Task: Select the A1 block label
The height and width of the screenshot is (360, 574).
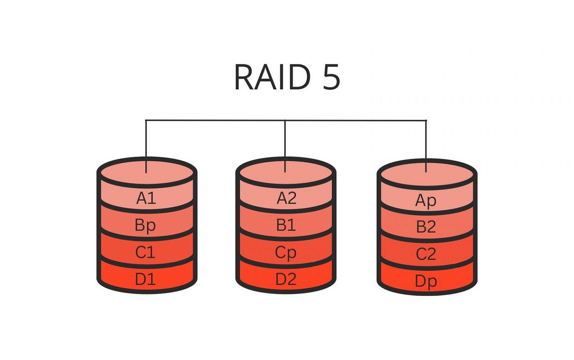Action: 146,198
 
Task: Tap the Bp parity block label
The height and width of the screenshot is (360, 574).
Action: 146,226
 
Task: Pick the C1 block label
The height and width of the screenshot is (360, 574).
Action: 146,252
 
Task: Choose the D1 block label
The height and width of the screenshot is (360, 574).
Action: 146,279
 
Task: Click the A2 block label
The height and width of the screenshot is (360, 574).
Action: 286,198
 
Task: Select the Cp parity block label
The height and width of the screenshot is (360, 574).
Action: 286,253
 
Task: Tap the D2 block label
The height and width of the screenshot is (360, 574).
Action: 286,279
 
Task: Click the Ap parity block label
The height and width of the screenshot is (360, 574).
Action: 426,201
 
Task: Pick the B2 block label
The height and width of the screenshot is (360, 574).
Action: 426,227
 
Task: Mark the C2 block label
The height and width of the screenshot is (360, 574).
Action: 426,254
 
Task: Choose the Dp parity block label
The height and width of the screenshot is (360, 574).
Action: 426,281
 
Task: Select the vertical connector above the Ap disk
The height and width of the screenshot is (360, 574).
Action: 426,141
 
